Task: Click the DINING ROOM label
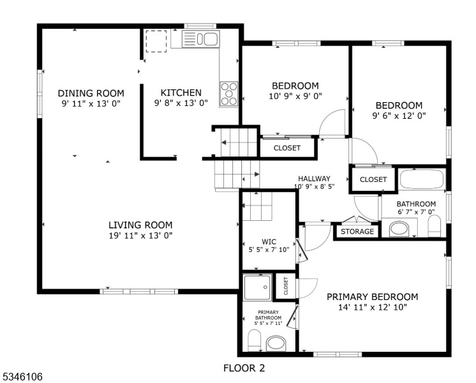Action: coord(91,93)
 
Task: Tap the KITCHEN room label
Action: coord(181,93)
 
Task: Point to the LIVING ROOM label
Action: coord(140,225)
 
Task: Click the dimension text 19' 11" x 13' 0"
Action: coord(140,236)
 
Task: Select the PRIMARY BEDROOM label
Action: coord(372,297)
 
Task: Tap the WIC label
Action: coord(269,241)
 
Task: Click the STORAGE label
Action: coord(357,231)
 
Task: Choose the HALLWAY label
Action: coord(314,179)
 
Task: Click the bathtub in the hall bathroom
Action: coord(422,179)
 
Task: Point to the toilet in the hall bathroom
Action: coord(435,225)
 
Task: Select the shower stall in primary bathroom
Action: coord(258,287)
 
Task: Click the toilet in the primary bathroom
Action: coord(253,340)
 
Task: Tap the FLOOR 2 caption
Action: coord(244,368)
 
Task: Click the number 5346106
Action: coord(22,377)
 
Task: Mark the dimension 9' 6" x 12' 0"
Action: coord(399,116)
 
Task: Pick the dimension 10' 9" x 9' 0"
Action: coord(295,96)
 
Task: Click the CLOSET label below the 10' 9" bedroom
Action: coord(287,148)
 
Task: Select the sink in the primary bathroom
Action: coord(276,343)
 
